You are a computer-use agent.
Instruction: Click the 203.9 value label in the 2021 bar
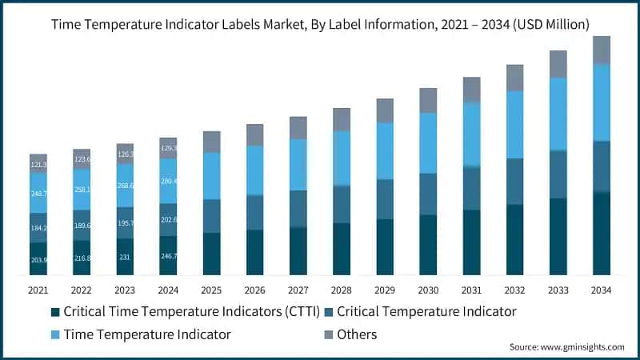tap(38, 260)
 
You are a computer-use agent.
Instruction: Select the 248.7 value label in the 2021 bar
tap(38, 194)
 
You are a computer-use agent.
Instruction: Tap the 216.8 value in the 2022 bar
tap(82, 258)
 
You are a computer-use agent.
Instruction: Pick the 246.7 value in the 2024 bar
tap(168, 256)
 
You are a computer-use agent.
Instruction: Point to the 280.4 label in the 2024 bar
tap(168, 182)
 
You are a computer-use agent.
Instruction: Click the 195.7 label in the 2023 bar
tap(125, 223)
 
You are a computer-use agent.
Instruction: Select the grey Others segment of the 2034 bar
tap(602, 50)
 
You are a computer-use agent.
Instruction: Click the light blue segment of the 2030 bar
tap(428, 142)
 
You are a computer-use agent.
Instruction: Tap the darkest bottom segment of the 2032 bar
tap(514, 240)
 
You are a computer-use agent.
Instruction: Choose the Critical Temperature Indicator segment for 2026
tap(255, 212)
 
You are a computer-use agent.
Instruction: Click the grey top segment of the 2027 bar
tap(298, 127)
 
